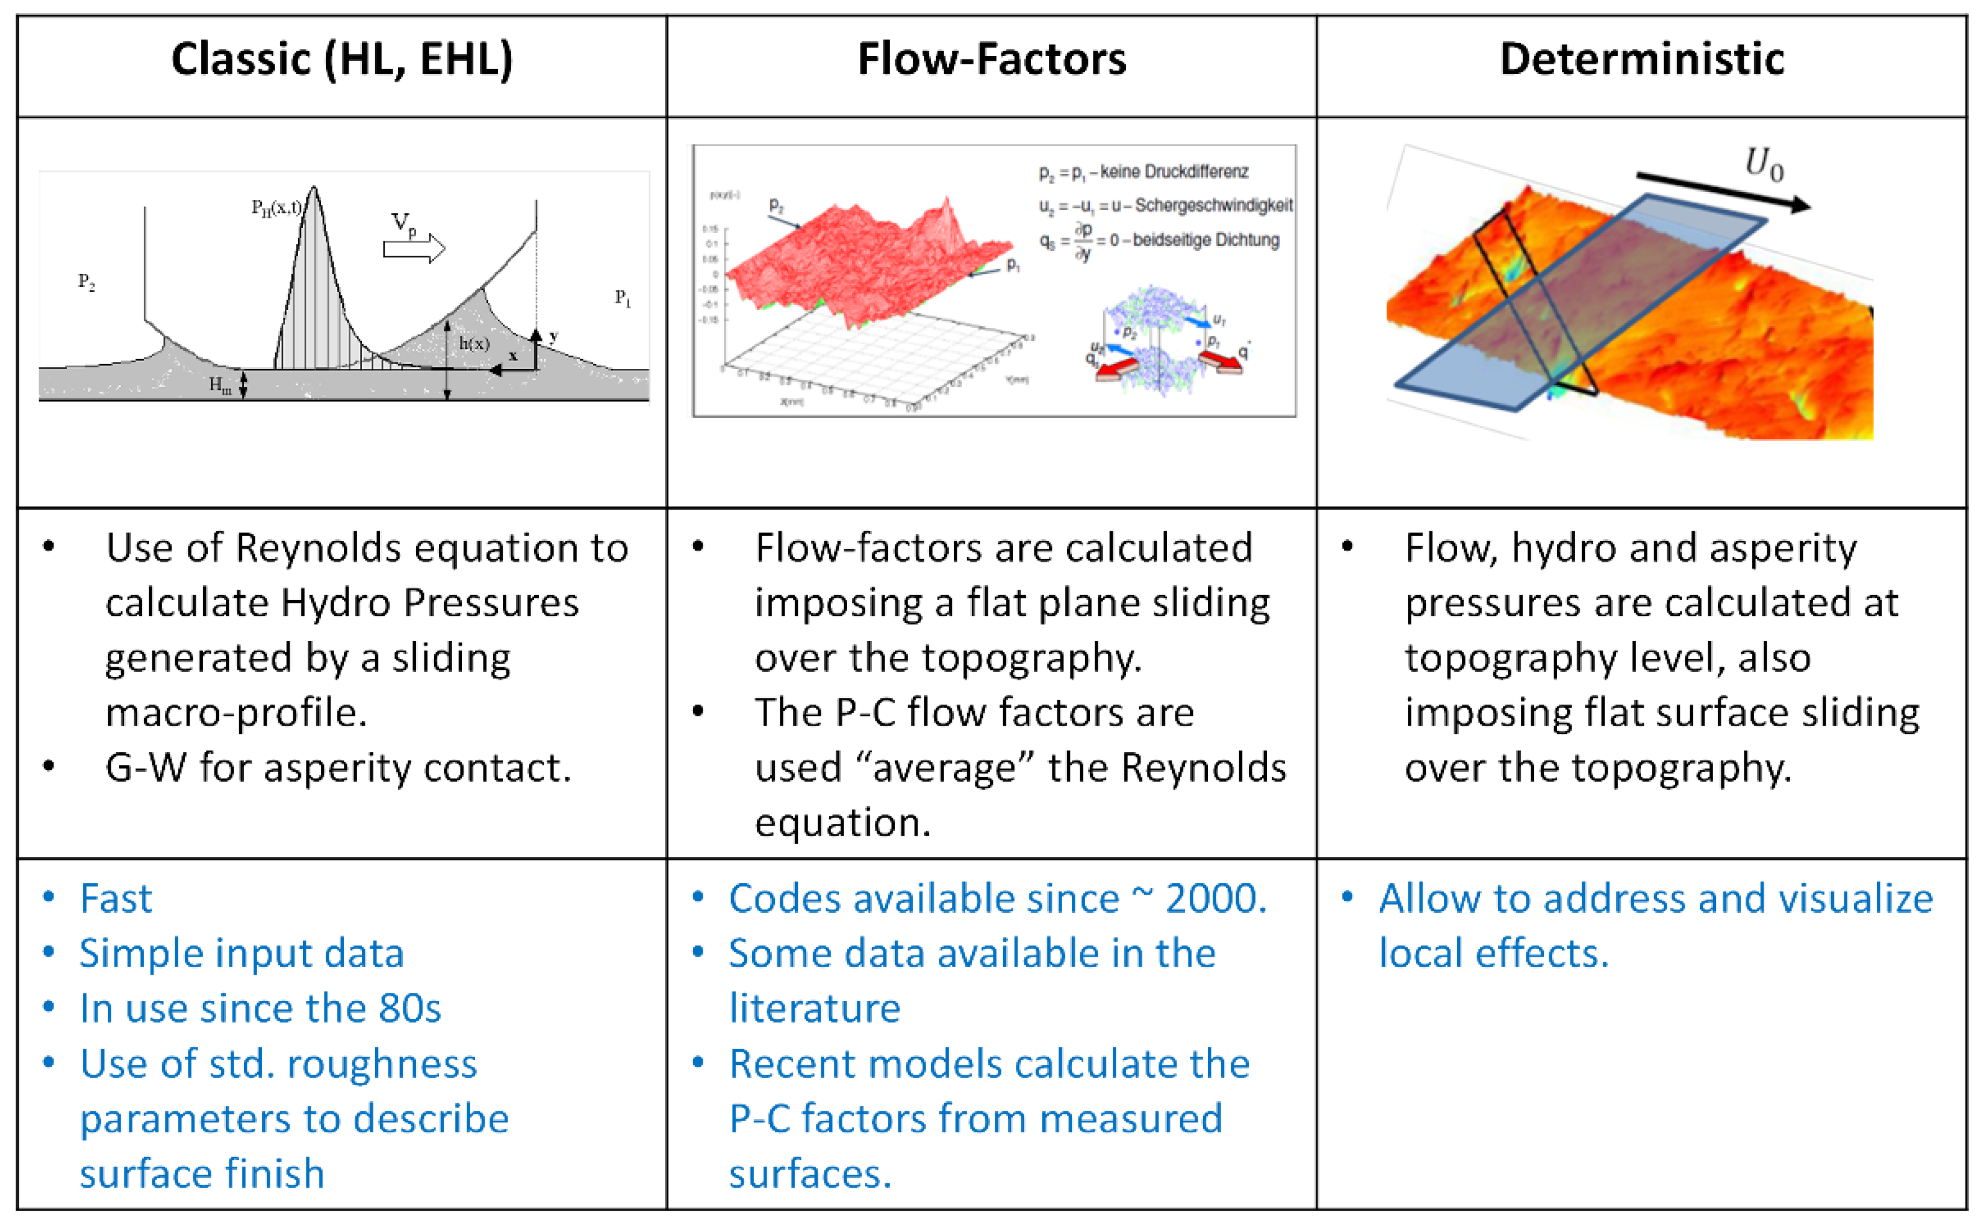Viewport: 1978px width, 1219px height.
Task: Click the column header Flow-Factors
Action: (x=992, y=60)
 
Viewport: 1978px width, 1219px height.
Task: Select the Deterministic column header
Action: (x=1641, y=60)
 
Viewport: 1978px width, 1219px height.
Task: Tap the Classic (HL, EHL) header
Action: (x=342, y=60)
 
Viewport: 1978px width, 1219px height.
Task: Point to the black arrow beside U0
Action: (x=1722, y=192)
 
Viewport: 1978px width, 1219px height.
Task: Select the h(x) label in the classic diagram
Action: (x=474, y=344)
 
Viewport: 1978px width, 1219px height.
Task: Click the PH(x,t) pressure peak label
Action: (x=276, y=208)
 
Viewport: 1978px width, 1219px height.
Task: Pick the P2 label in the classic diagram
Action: (x=86, y=282)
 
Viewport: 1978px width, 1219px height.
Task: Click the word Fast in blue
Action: (x=116, y=898)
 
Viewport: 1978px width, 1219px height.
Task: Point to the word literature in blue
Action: (x=815, y=1008)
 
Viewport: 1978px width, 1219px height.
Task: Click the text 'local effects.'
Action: (x=1493, y=954)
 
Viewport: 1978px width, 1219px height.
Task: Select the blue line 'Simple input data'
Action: (x=241, y=954)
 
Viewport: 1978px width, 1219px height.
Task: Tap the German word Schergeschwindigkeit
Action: (x=1213, y=206)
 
